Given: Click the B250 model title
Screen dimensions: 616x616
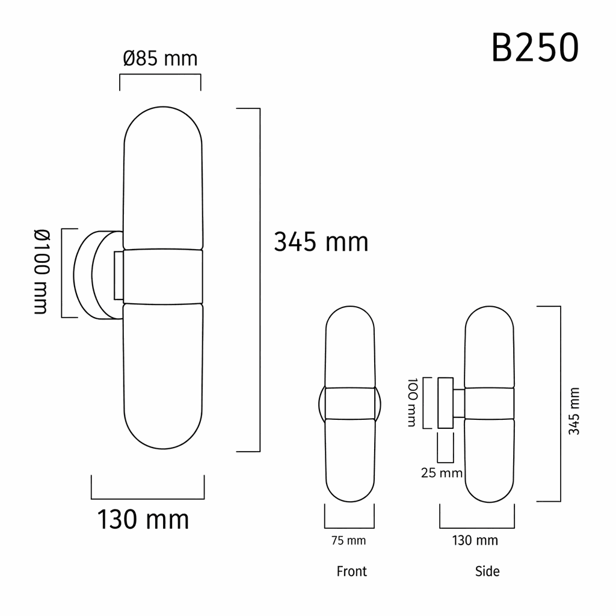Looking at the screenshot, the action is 535,48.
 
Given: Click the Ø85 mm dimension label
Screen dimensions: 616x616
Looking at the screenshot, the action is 160,58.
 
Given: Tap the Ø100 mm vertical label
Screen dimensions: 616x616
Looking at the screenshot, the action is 42,272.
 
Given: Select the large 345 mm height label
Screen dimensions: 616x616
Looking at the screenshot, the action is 321,242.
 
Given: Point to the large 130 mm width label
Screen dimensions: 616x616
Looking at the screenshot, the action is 143,519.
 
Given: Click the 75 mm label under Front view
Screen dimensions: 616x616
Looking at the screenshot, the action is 349,541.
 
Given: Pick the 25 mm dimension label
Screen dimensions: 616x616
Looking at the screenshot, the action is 442,473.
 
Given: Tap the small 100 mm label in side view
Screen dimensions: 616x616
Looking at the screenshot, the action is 411,402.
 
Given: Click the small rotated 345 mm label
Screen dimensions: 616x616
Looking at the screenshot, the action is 574,411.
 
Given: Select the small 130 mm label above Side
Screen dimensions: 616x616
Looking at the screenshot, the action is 475,541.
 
